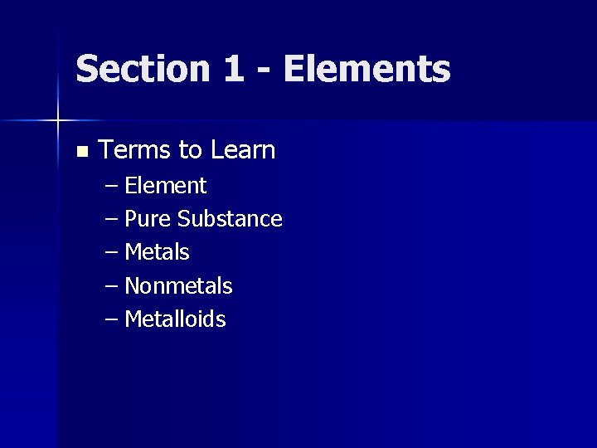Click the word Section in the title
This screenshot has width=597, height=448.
tap(142, 69)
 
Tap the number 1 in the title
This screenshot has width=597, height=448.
tap(233, 69)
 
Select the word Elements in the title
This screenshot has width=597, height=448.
tap(367, 69)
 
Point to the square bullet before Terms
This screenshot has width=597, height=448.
tap(80, 152)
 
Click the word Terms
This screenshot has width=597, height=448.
tap(135, 150)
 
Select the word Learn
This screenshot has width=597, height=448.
tap(243, 150)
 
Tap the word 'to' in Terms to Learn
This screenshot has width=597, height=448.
tap(191, 151)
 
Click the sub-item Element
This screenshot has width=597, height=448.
tap(165, 185)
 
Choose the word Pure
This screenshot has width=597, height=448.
tap(148, 219)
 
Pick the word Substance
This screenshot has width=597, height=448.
tap(230, 219)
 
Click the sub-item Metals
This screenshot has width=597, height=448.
tap(157, 252)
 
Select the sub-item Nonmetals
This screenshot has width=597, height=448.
tap(178, 286)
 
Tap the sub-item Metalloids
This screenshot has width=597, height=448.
tap(175, 319)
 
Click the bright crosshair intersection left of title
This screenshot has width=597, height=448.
tap(58, 121)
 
